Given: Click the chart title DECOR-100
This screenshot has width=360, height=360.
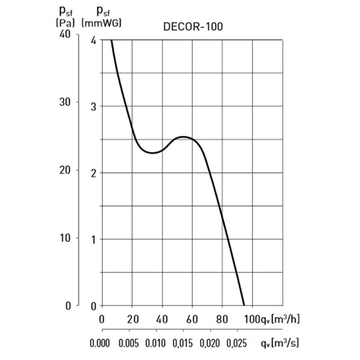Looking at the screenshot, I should (193, 27).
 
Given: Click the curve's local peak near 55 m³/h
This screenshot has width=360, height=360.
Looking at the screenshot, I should (184, 137).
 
